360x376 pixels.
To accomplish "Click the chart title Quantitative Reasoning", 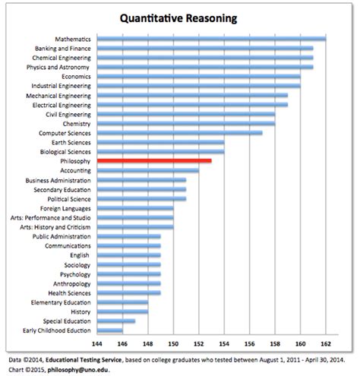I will pyautogui.click(x=180, y=17).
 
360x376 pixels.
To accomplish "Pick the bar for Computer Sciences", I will pyautogui.click(x=179, y=133).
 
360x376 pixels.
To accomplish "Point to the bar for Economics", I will pyautogui.click(x=198, y=76).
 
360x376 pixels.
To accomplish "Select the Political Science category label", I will pyautogui.click(x=70, y=199).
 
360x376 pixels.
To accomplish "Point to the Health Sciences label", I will pyautogui.click(x=70, y=292).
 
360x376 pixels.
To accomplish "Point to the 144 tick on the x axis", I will pyautogui.click(x=97, y=343).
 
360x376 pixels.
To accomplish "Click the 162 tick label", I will pyautogui.click(x=325, y=343).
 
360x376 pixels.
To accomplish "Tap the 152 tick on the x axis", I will pyautogui.click(x=198, y=343).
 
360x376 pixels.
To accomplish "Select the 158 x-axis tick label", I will pyautogui.click(x=275, y=343).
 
